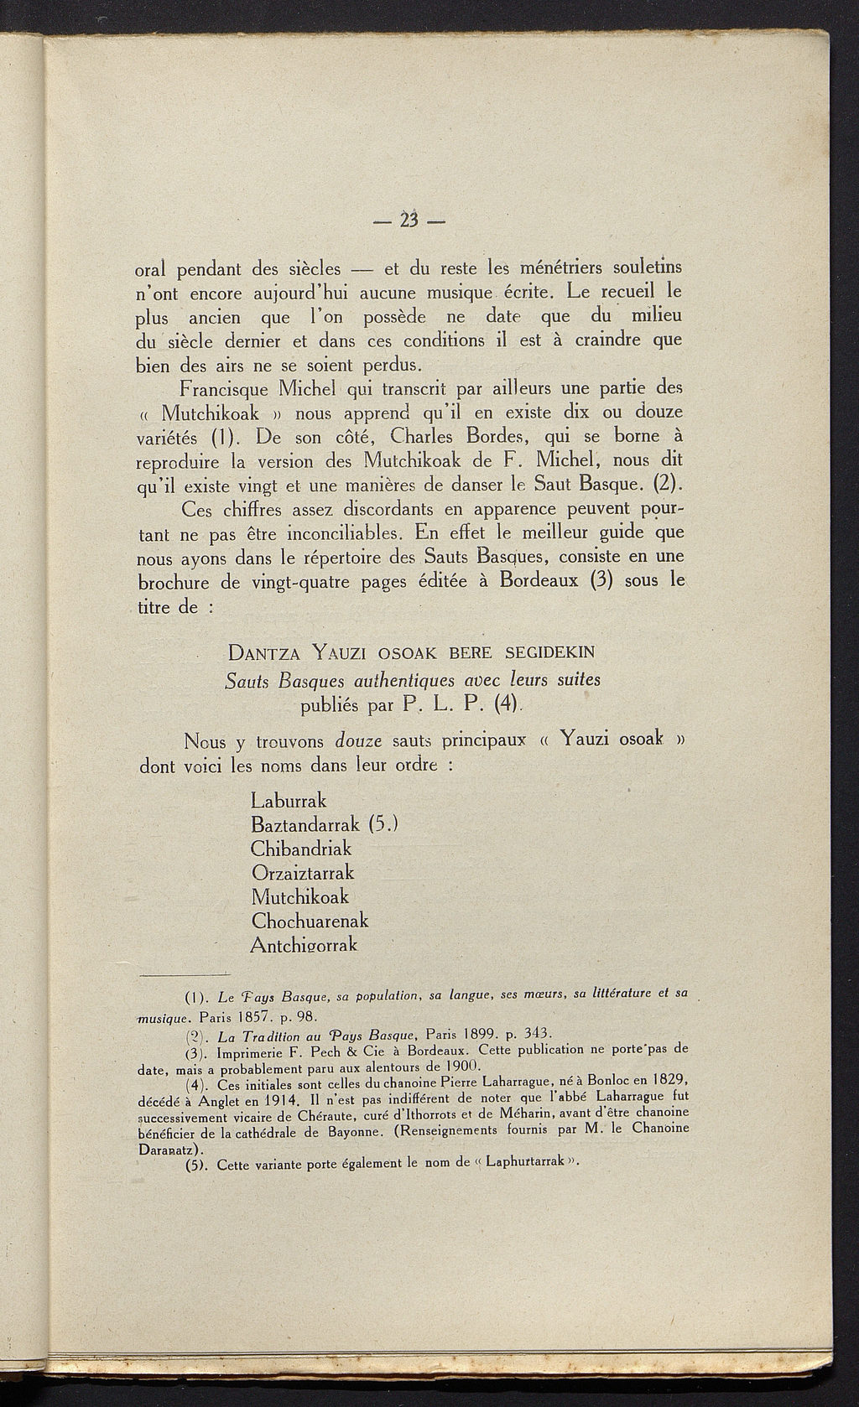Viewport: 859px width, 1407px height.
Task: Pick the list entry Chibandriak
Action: pyautogui.click(x=300, y=849)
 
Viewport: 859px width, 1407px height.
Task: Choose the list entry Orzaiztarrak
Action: pyautogui.click(x=303, y=872)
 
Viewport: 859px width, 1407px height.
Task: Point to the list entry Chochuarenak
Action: pyautogui.click(x=310, y=921)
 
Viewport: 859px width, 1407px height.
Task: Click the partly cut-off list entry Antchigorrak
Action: pyautogui.click(x=304, y=944)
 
